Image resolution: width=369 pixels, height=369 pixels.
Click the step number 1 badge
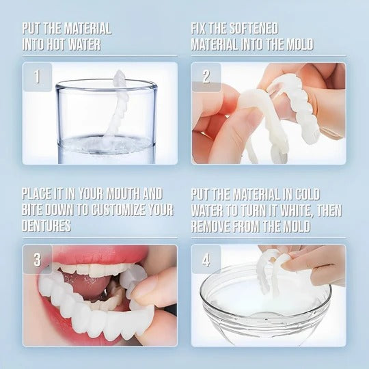click(x=38, y=77)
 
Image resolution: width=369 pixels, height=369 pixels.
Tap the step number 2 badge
click(x=206, y=77)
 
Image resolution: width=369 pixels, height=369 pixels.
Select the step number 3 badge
click(x=38, y=260)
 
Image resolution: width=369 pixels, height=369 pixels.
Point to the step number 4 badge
click(x=206, y=260)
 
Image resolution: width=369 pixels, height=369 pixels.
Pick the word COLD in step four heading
click(x=304, y=194)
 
